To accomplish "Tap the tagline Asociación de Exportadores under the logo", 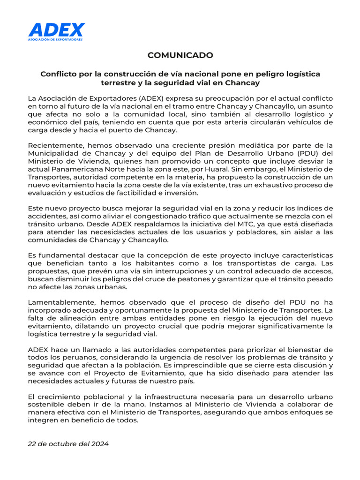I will pyautogui.click(x=56, y=39).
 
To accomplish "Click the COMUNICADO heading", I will pyautogui.click(x=180, y=55).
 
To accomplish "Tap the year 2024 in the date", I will pyautogui.click(x=99, y=444).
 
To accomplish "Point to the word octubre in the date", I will pyautogui.click(x=60, y=444).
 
